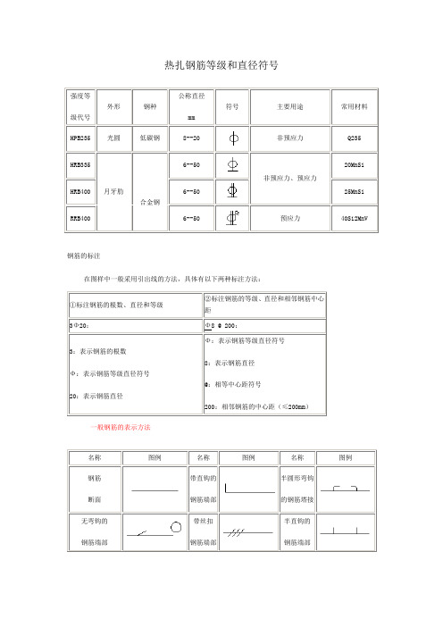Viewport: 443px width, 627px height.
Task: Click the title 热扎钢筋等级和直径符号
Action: click(221, 65)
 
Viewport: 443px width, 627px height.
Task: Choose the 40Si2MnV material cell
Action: click(355, 217)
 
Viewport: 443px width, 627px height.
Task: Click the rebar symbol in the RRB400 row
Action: click(232, 216)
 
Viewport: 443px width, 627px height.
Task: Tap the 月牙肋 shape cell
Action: click(113, 191)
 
